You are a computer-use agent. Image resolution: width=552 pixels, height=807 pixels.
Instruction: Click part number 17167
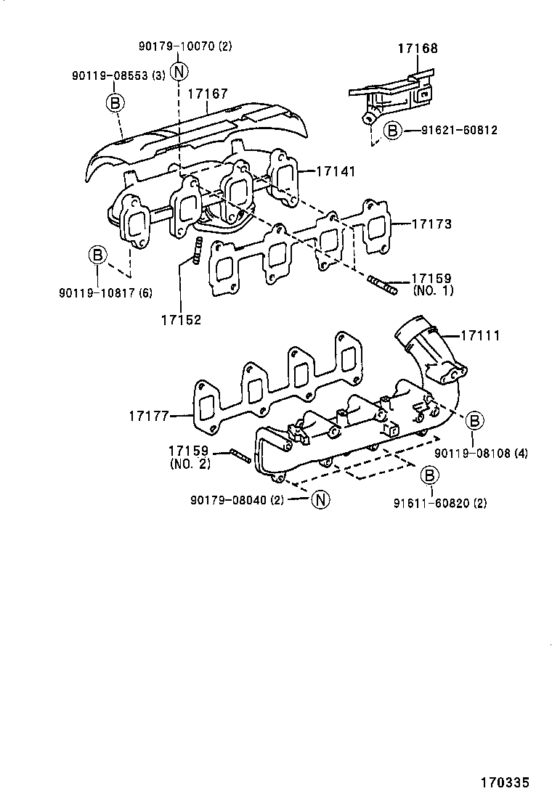[x=208, y=94]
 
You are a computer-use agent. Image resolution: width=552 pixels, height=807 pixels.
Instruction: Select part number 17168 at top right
[x=418, y=49]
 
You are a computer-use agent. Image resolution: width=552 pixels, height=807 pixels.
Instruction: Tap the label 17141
[x=336, y=171]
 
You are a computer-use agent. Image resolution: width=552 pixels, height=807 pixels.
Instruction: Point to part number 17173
[x=431, y=225]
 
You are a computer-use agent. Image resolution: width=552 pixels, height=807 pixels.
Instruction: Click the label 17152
[x=181, y=319]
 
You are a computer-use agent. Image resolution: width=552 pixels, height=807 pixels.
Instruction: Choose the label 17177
[x=149, y=416]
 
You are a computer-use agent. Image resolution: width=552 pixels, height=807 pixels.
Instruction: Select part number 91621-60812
[x=459, y=131]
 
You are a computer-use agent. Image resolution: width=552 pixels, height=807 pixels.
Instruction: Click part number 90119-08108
[x=481, y=454]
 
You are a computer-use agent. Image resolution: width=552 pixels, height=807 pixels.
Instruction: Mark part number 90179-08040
[x=237, y=500]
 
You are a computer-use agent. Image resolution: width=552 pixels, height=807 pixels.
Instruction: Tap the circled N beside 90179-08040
[x=320, y=499]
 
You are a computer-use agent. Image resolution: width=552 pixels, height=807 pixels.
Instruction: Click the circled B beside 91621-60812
[x=391, y=131]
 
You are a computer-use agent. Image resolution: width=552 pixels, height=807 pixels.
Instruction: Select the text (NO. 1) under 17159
[x=432, y=290]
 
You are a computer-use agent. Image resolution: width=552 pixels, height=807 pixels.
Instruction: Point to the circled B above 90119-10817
[x=97, y=255]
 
